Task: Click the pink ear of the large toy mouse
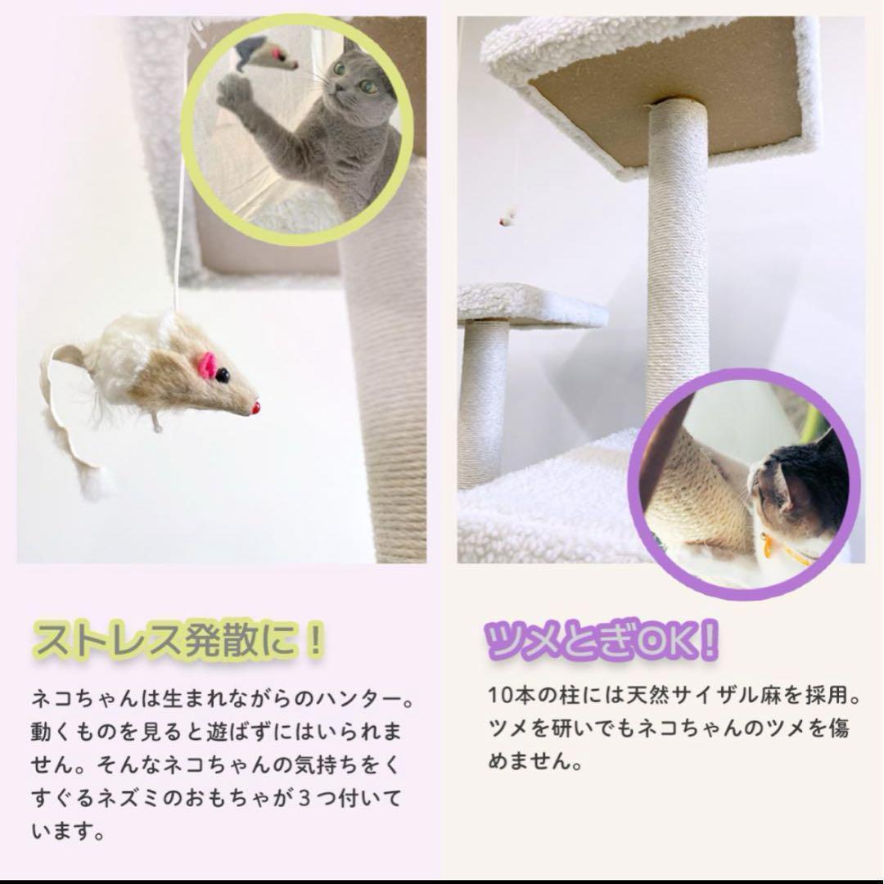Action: click(207, 366)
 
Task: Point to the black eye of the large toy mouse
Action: click(223, 376)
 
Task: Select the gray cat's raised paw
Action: click(235, 92)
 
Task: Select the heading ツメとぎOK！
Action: click(602, 640)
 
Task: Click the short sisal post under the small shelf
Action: click(483, 401)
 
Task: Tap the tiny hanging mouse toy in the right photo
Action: click(508, 219)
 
